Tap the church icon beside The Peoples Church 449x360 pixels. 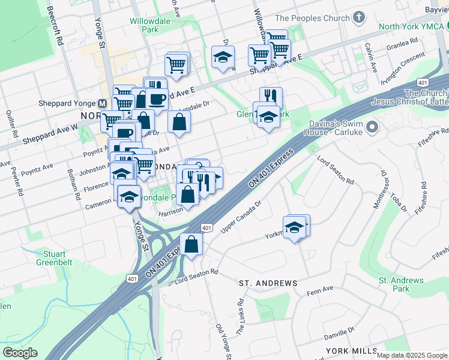click(x=359, y=18)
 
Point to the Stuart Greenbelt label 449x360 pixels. click(x=58, y=258)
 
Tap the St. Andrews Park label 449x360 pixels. click(x=401, y=284)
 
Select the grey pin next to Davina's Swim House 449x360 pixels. click(x=372, y=127)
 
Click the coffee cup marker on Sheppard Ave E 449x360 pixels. click(x=157, y=98)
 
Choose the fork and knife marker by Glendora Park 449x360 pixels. click(x=271, y=97)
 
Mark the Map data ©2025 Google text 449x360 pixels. click(x=411, y=355)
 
